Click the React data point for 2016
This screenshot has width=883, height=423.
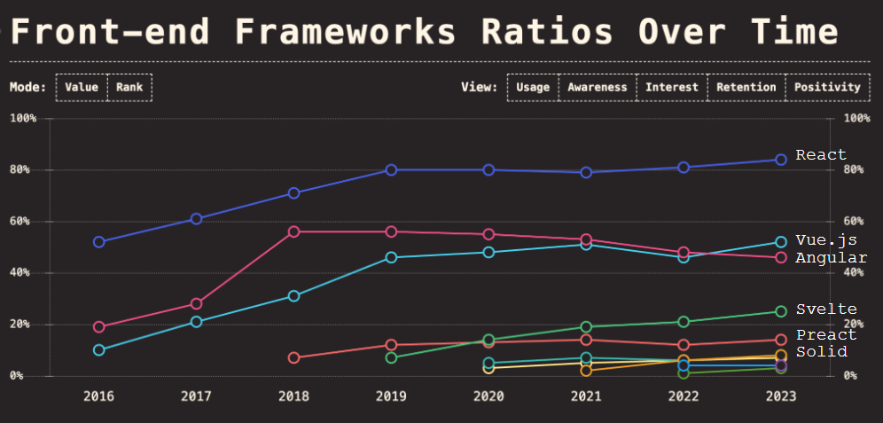click(x=99, y=242)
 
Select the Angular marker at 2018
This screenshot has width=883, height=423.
click(x=294, y=231)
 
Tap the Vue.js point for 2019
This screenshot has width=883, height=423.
click(x=391, y=257)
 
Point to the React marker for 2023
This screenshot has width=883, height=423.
click(x=781, y=160)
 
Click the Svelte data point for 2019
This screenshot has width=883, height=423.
click(x=391, y=357)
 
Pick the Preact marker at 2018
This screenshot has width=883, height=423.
click(x=294, y=357)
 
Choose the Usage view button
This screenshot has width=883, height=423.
click(x=533, y=87)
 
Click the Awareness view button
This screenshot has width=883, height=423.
click(x=598, y=87)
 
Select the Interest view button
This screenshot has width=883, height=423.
click(x=672, y=87)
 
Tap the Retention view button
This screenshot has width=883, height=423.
click(x=746, y=87)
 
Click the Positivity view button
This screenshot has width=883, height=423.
click(x=827, y=87)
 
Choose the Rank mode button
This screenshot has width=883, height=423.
click(x=129, y=87)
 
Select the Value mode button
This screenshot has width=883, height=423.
click(x=81, y=87)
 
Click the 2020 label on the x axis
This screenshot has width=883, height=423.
click(x=488, y=396)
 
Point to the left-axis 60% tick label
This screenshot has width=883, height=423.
click(x=22, y=222)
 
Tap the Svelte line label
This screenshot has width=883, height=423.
click(x=826, y=309)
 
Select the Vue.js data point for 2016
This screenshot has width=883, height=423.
click(x=99, y=350)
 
